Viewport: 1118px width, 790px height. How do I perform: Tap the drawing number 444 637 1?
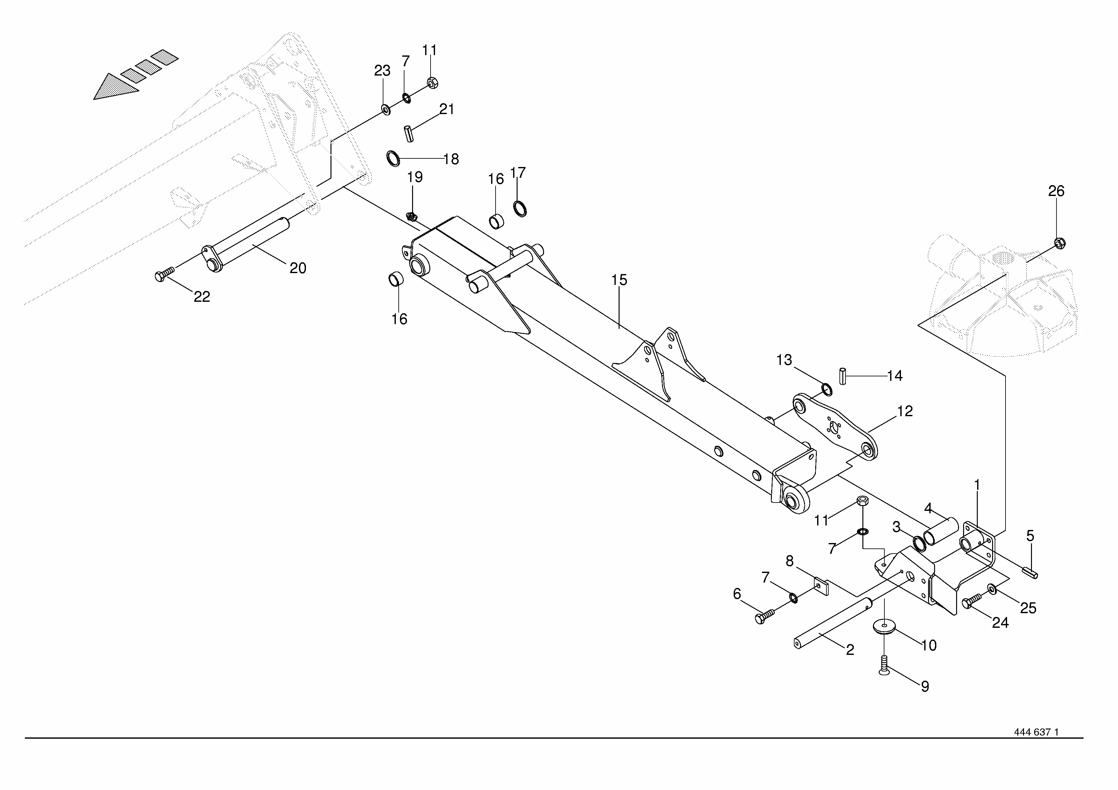point(1036,746)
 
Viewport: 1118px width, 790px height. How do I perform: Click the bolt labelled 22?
point(164,276)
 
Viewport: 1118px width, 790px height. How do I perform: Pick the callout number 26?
point(1056,191)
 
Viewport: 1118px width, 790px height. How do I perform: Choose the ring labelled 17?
point(520,209)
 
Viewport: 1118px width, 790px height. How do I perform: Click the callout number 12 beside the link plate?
point(905,411)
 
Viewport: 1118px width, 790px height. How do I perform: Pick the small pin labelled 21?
point(409,134)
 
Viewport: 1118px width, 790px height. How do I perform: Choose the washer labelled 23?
point(386,109)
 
